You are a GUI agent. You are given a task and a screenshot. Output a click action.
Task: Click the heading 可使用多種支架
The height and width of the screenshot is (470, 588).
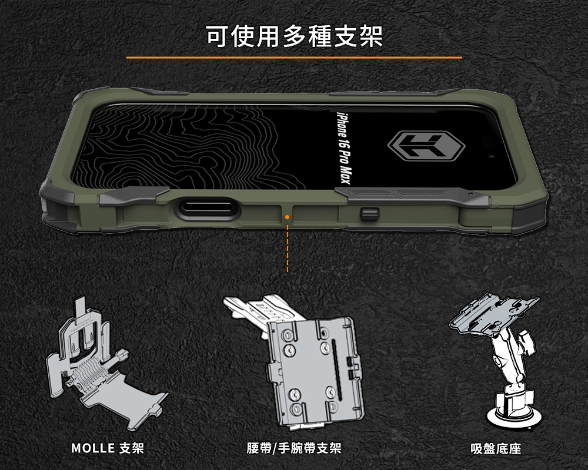(295, 36)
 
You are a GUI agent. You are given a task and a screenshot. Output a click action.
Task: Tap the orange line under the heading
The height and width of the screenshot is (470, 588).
(294, 58)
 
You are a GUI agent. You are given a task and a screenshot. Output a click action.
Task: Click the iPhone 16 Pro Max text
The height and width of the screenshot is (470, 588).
(343, 148)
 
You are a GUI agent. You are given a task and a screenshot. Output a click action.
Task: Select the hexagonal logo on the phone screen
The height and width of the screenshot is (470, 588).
(426, 146)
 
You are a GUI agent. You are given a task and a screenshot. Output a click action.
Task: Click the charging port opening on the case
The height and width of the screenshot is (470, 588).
(208, 208)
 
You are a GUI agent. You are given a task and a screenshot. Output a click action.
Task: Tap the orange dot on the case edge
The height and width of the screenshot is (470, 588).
(287, 217)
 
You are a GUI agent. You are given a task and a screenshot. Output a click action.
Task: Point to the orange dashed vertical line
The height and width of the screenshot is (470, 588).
(288, 248)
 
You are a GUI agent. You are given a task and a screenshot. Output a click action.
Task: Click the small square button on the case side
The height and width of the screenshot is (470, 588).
(369, 214)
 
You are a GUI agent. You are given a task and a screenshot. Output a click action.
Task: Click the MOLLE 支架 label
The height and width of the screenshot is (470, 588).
(108, 448)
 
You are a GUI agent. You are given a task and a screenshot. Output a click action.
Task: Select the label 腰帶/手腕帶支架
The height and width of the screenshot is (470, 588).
(294, 448)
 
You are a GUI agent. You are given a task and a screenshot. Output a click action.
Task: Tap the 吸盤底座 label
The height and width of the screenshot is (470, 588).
(496, 448)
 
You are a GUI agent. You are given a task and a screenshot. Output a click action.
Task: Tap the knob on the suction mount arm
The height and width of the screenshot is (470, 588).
(526, 341)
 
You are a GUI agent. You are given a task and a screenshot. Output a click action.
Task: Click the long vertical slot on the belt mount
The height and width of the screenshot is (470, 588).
(336, 370)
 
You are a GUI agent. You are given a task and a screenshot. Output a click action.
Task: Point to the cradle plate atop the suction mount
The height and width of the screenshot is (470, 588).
(494, 313)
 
